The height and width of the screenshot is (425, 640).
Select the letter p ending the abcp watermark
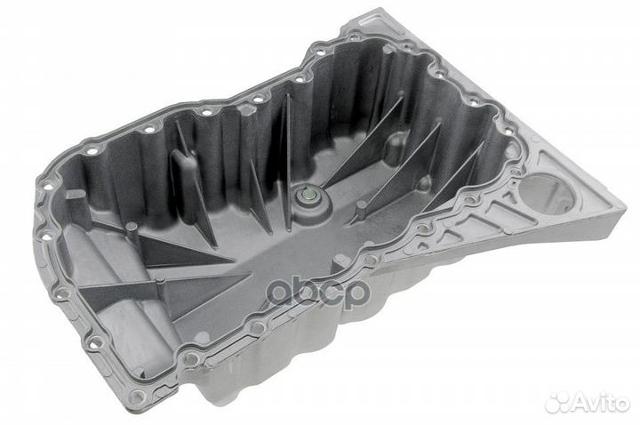point(355,294)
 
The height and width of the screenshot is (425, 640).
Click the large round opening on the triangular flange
point(544,195)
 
